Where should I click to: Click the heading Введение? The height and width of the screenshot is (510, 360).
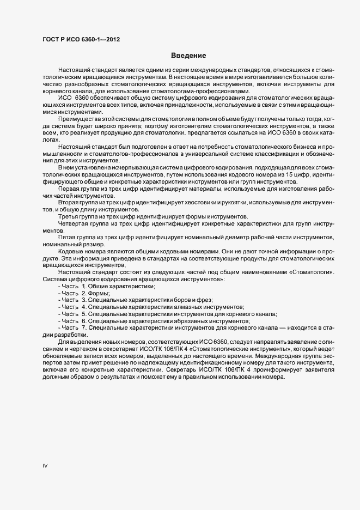coord(188,56)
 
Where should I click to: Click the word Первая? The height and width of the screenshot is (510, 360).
coord(69,189)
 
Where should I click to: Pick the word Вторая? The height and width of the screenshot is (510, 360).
coord(69,203)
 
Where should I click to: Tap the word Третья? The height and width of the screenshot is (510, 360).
coord(69,217)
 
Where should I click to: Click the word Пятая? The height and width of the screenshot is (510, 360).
coord(68,238)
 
